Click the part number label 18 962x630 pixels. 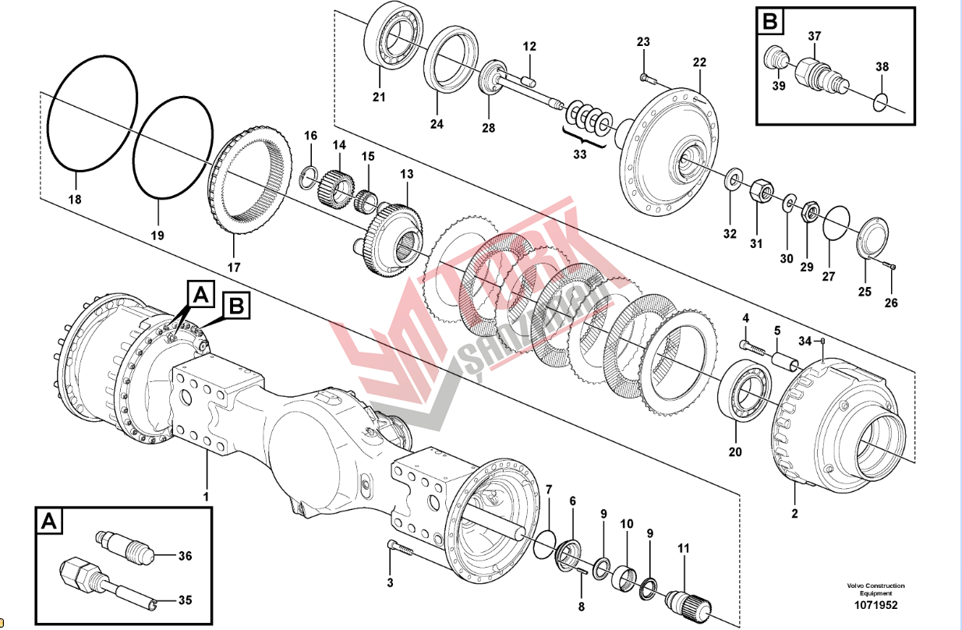(74, 200)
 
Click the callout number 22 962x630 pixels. (699, 62)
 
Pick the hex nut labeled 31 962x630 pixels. (761, 189)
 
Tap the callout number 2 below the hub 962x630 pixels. (794, 513)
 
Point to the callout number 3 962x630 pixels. (391, 582)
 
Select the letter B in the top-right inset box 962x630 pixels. (769, 22)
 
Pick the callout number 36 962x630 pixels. (185, 556)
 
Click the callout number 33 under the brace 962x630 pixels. (579, 154)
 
